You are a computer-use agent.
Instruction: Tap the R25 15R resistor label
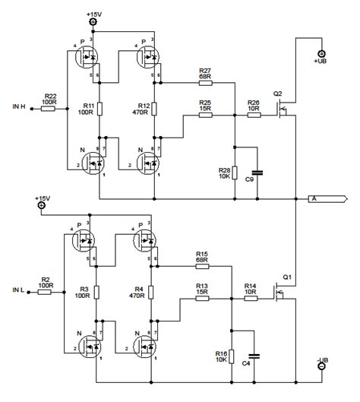point(204,105)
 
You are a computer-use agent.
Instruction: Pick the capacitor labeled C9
point(258,173)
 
